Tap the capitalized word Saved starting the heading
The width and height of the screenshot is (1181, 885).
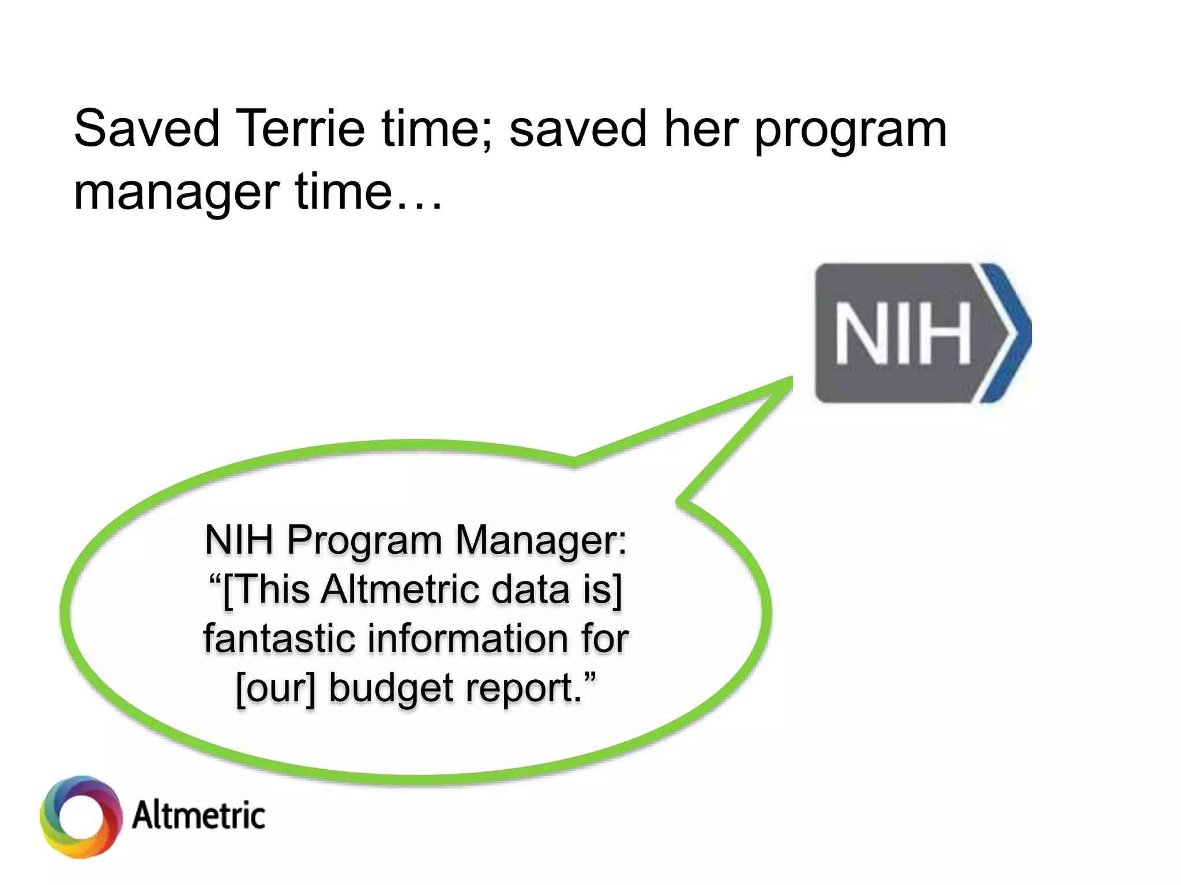tap(147, 128)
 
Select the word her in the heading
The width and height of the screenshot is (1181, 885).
tap(701, 128)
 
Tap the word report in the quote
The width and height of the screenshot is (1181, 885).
tap(522, 689)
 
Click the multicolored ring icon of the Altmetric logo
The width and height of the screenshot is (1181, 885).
tap(81, 816)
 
